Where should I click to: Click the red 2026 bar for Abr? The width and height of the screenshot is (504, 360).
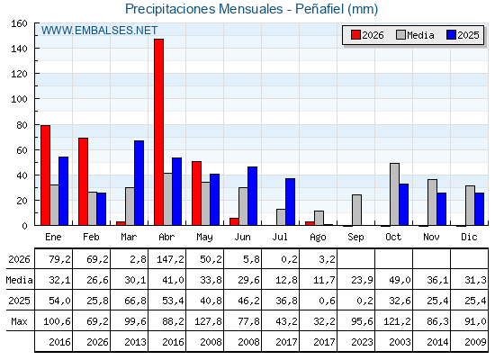pyautogui.click(x=158, y=132)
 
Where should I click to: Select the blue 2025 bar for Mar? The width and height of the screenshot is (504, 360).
pyautogui.click(x=139, y=183)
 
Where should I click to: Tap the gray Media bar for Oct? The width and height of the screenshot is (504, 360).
pyautogui.click(x=395, y=194)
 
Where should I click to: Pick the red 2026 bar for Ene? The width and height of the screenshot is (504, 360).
pyautogui.click(x=45, y=175)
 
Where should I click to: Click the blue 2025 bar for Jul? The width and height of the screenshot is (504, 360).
pyautogui.click(x=290, y=202)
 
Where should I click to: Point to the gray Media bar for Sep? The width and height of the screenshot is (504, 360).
pyautogui.click(x=356, y=210)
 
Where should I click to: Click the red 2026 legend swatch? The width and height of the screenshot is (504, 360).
pyautogui.click(x=355, y=35)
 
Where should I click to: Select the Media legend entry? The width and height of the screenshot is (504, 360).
pyautogui.click(x=415, y=35)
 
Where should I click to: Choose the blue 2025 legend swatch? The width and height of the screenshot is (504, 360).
pyautogui.click(x=451, y=35)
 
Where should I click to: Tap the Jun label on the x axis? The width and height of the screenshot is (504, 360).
pyautogui.click(x=242, y=237)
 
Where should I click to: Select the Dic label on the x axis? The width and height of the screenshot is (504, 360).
pyautogui.click(x=469, y=237)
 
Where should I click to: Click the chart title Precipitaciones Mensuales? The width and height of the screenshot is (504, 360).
pyautogui.click(x=203, y=9)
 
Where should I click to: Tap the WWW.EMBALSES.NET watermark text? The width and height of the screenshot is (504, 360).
pyautogui.click(x=99, y=31)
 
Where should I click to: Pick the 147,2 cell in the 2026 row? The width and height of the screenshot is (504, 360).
pyautogui.click(x=171, y=259)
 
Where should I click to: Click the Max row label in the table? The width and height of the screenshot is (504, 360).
pyautogui.click(x=19, y=321)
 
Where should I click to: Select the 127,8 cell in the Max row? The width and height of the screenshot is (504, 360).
pyautogui.click(x=208, y=321)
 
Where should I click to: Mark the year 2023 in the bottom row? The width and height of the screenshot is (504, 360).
pyautogui.click(x=362, y=342)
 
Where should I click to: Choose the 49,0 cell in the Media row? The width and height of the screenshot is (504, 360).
pyautogui.click(x=400, y=280)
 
